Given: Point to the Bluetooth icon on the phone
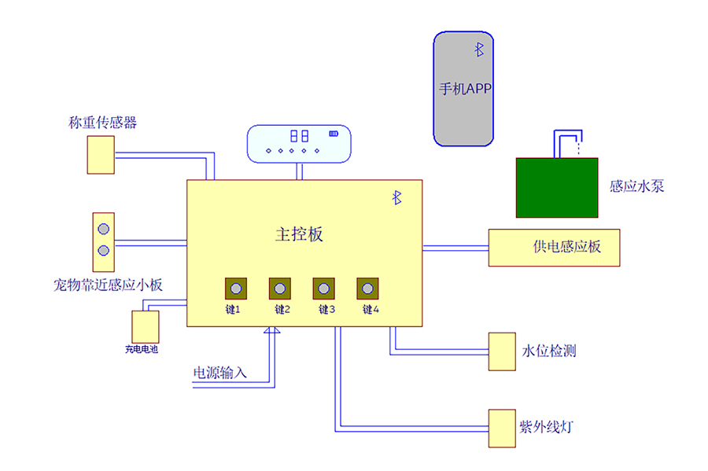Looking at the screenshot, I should (x=478, y=50).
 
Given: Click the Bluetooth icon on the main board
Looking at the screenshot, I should (x=397, y=197).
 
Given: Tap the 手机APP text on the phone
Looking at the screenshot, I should (x=465, y=89).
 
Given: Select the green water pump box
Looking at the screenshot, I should (x=557, y=187).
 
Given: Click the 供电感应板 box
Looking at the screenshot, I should (x=554, y=247).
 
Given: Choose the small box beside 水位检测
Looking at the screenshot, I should (x=500, y=351).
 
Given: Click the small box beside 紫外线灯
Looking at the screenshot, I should (x=500, y=428).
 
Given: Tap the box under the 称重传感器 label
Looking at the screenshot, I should (x=100, y=155).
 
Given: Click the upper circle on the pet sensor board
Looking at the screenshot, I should (x=104, y=229).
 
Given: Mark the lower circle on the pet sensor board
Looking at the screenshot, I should (x=104, y=251).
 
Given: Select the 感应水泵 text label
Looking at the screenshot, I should (x=636, y=187).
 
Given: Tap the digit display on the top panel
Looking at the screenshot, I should (x=298, y=135).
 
